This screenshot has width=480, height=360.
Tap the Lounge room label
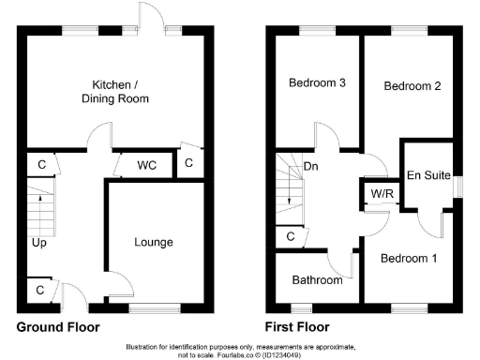point(155,242)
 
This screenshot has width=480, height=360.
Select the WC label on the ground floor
point(146,165)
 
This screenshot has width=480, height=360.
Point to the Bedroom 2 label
point(412,85)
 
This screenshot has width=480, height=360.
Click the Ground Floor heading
point(58,328)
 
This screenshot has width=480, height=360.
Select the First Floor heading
point(297,328)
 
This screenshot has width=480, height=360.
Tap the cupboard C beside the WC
point(189,164)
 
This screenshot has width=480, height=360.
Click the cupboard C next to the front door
point(39,291)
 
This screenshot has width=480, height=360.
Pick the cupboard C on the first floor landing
point(291,237)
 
